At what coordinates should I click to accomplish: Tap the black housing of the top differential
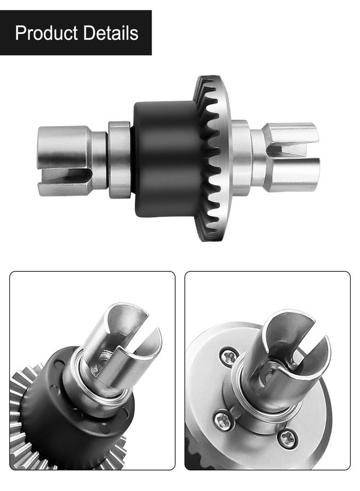coord(166,159)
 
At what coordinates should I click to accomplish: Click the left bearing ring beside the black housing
coord(119,160)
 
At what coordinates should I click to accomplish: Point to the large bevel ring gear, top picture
coord(213,159)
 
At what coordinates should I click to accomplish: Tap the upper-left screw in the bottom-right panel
coord(230,357)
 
